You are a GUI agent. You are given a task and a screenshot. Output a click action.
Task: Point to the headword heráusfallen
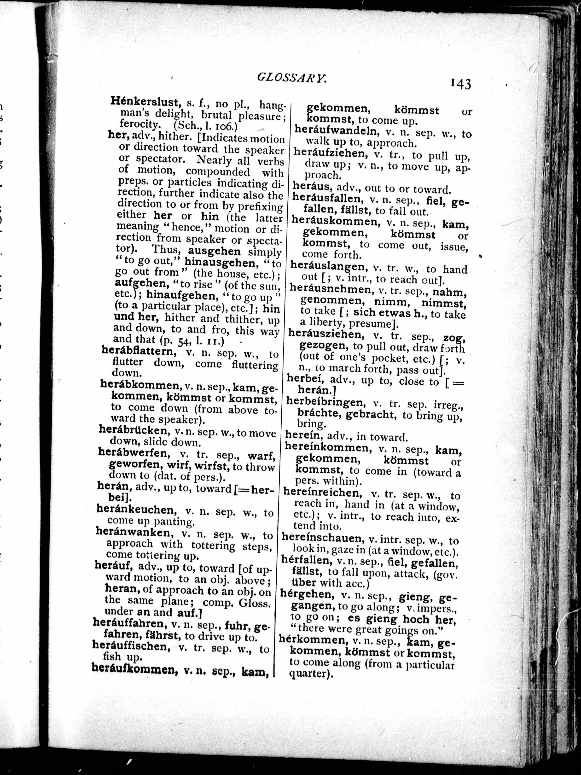pos(326,198)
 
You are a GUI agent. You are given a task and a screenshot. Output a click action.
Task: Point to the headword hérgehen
pos(306,595)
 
